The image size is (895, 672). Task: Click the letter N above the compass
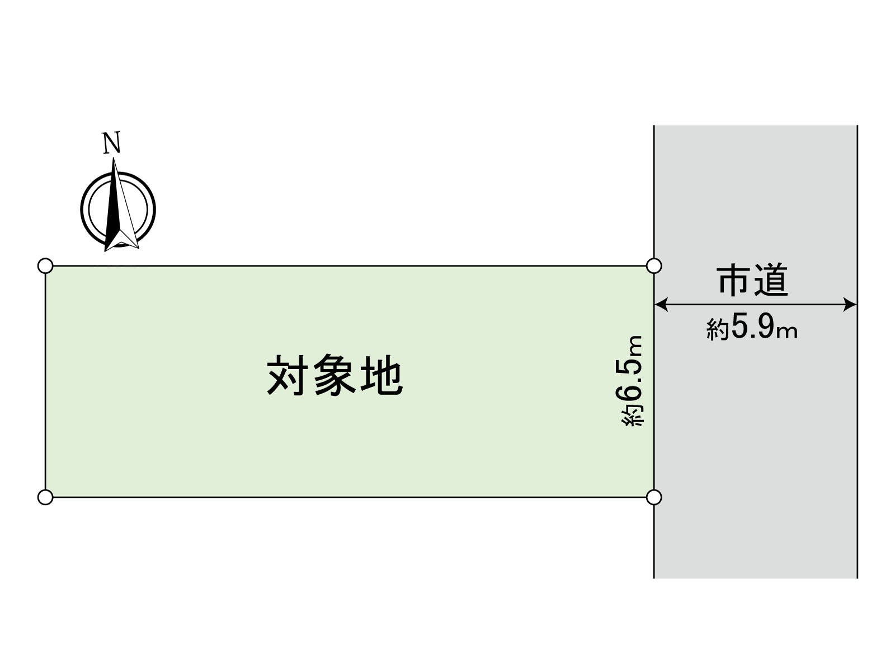click(111, 142)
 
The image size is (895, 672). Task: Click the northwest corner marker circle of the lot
click(45, 265)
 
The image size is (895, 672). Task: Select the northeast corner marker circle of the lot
click(654, 265)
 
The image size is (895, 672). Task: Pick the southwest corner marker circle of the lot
click(45, 497)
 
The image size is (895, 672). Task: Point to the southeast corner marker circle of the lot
click(654, 497)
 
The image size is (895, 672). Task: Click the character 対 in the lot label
click(286, 374)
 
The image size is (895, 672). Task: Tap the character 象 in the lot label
click(335, 374)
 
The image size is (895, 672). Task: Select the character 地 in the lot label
click(383, 374)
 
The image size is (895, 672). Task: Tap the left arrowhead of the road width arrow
click(661, 305)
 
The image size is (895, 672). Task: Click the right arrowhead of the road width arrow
click(850, 305)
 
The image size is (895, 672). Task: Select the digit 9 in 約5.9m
click(765, 327)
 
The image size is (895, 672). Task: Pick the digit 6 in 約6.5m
click(631, 396)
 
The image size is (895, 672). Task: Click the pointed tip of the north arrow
click(114, 158)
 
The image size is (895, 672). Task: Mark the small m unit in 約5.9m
click(788, 332)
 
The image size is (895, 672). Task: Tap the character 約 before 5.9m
click(718, 329)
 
